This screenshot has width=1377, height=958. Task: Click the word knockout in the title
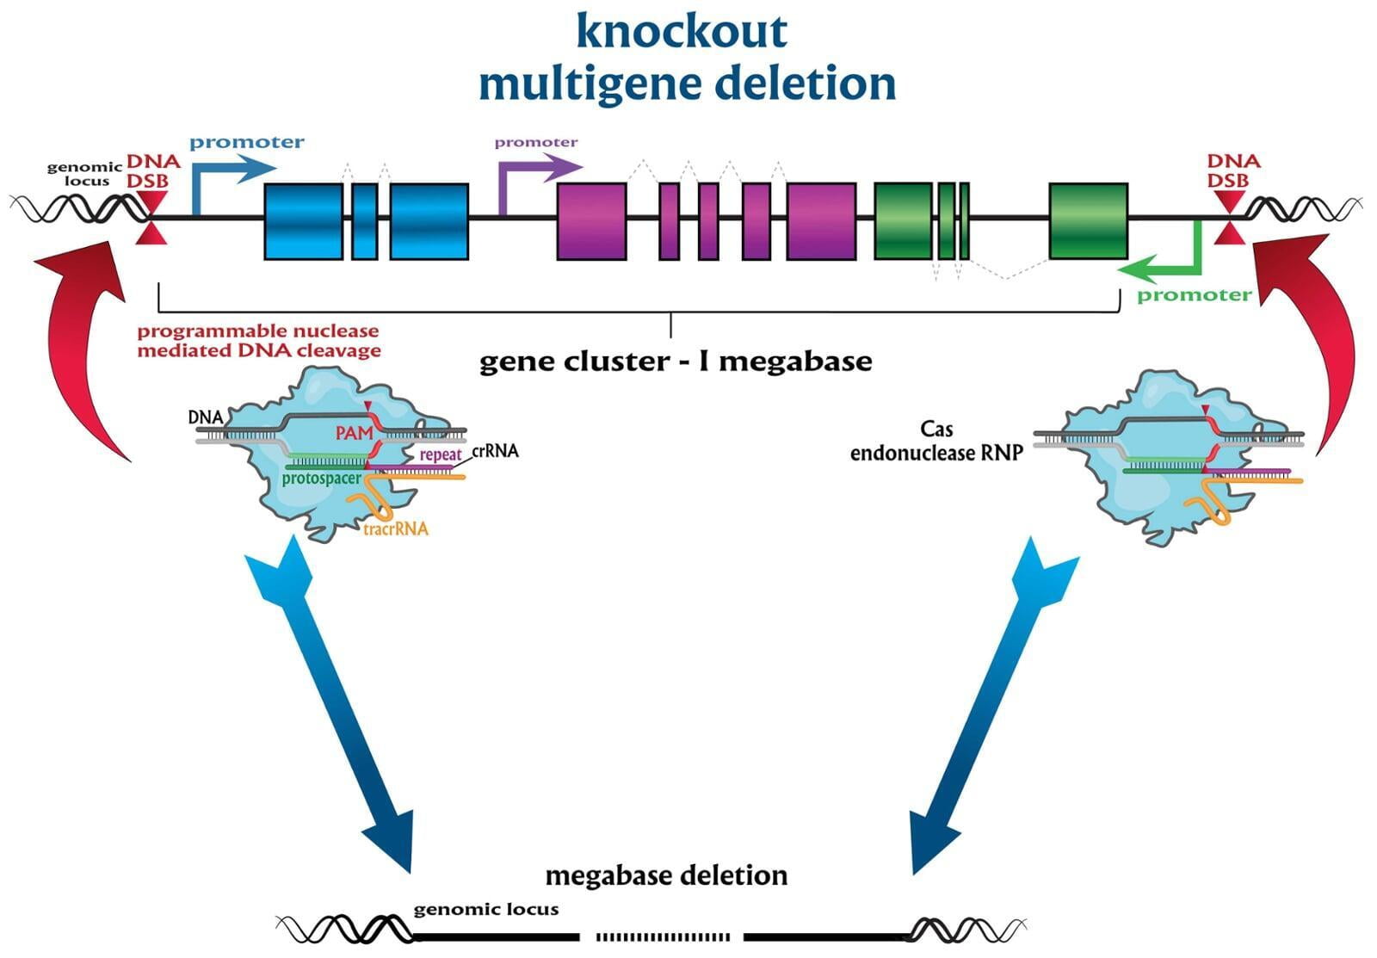[681, 31]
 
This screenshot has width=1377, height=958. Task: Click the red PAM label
[354, 433]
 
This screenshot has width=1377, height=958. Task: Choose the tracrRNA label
[395, 529]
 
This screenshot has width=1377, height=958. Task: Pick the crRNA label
[495, 451]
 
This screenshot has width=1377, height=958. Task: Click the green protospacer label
[321, 479]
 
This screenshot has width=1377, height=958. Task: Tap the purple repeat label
[440, 454]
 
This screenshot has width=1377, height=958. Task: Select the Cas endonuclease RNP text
[936, 441]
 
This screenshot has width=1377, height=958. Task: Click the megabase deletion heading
[666, 875]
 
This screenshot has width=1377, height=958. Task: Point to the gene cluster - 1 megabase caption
[676, 362]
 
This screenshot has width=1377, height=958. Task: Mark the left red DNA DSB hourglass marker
[152, 218]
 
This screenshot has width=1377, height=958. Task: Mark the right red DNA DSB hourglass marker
[1229, 218]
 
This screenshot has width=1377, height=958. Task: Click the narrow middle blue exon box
[364, 221]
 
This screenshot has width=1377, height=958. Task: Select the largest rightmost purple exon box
[821, 221]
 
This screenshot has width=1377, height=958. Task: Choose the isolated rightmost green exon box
[1088, 221]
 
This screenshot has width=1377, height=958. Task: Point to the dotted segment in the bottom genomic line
[663, 936]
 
